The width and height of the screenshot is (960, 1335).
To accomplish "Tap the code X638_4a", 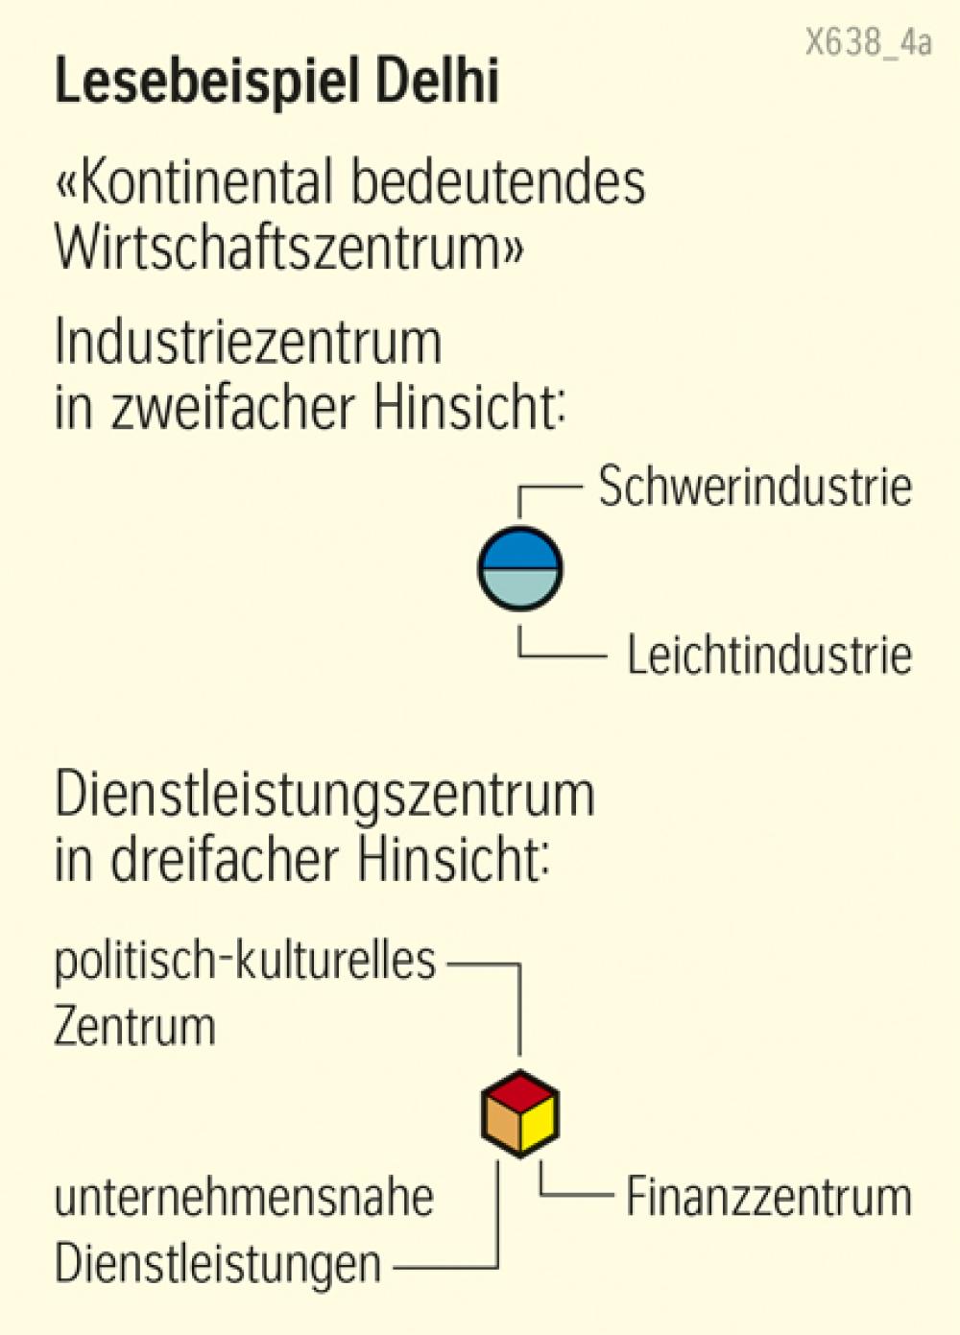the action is tap(868, 43).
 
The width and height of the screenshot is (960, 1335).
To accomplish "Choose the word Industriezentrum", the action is tap(248, 342).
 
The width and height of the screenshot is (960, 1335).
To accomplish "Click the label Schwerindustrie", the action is tap(755, 487).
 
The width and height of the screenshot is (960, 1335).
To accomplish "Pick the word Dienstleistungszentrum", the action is tap(324, 798).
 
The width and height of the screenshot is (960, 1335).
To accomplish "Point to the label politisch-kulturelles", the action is tap(245, 961).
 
